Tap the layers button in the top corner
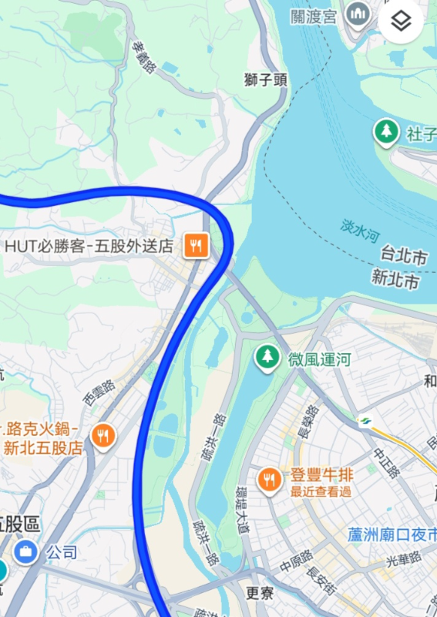pos(401,21)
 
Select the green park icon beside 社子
pos(385,132)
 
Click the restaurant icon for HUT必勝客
pos(197,246)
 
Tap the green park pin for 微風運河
pos(267,357)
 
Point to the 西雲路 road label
pos(98,392)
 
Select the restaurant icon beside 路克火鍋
pos(103,436)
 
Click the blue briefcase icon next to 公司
pos(25,551)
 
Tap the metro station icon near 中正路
pos(365,421)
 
